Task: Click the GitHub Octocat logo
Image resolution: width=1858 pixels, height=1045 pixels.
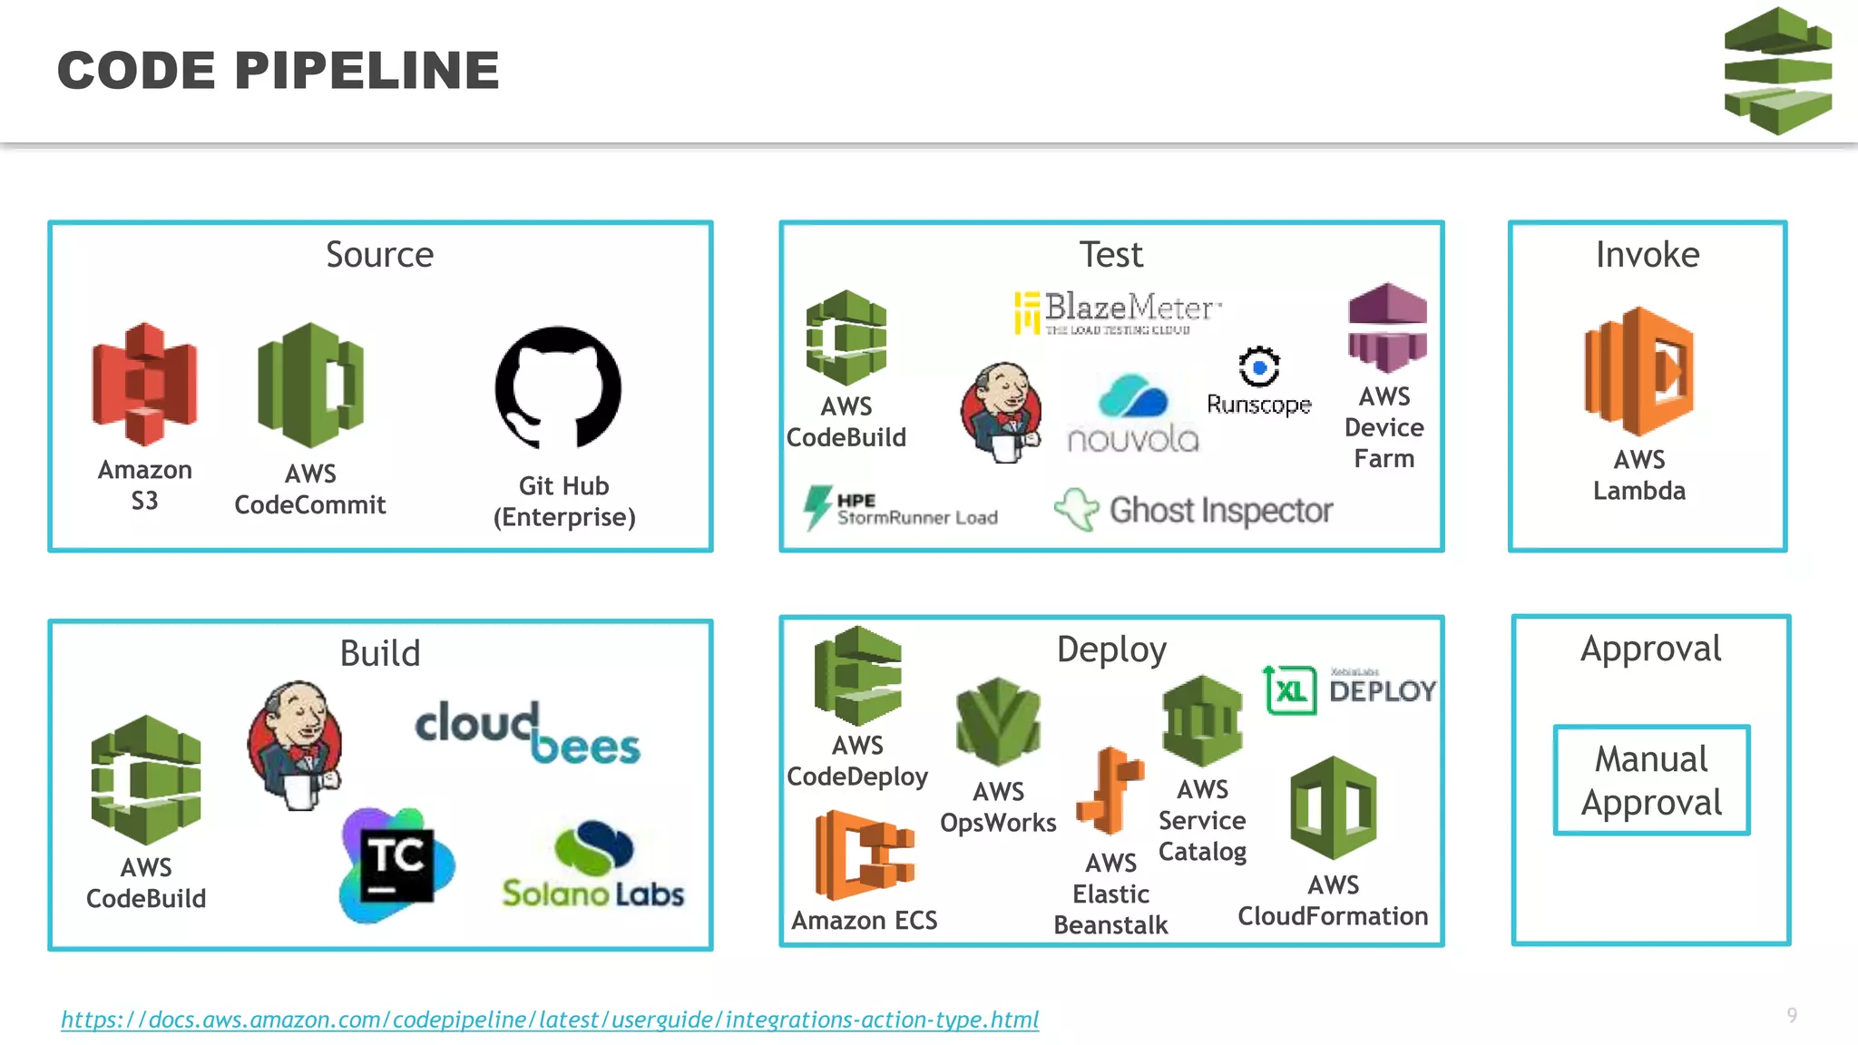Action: (558, 388)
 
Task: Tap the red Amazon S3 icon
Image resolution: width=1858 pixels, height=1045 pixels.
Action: (144, 384)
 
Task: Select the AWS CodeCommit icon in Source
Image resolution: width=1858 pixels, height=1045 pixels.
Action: (310, 386)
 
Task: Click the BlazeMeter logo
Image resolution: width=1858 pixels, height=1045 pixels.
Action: (1118, 312)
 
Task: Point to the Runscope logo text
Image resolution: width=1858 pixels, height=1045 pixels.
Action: (1258, 404)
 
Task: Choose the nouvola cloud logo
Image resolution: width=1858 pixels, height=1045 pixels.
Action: (1133, 414)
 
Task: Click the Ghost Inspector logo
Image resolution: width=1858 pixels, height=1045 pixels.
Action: (1194, 511)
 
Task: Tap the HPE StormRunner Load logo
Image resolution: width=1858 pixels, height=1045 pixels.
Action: (900, 509)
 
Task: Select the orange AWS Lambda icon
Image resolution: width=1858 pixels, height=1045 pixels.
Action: (1639, 372)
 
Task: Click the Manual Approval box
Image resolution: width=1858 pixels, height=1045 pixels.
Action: (1651, 780)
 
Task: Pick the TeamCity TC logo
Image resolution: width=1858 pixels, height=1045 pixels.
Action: (396, 864)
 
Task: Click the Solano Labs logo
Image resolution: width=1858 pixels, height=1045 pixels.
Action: (593, 865)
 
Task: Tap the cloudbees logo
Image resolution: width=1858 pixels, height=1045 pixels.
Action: (527, 732)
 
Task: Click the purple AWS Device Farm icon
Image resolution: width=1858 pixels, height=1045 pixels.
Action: (1387, 328)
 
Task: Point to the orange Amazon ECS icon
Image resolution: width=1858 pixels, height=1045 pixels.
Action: (864, 855)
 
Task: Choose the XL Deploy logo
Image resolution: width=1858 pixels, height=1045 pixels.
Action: (1349, 690)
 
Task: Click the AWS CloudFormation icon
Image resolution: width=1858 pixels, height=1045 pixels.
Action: (1333, 808)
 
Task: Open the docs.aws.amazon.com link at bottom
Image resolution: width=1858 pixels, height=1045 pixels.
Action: (550, 1020)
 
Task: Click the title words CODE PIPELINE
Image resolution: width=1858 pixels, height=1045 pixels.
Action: (279, 71)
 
